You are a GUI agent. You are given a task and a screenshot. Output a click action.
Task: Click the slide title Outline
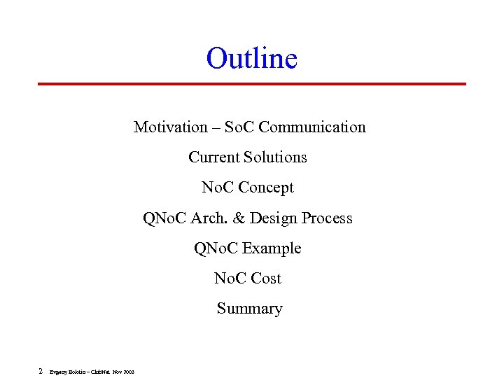coord(251,58)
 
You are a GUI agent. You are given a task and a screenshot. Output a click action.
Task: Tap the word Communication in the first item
coord(311,127)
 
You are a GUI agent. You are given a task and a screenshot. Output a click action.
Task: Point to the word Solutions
coord(275,157)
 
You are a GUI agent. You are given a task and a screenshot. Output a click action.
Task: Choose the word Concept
coord(266,188)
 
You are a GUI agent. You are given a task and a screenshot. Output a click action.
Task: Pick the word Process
coord(328,218)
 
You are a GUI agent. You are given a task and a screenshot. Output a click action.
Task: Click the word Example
coord(272,248)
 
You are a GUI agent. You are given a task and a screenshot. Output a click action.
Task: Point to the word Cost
coord(265,279)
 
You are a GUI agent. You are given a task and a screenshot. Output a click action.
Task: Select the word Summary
coord(249,309)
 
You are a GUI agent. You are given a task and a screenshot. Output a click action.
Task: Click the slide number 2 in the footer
coord(41,371)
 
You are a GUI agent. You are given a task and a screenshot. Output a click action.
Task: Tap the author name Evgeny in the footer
coord(57,372)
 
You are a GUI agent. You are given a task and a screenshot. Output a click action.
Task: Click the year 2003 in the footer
coord(128,372)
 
